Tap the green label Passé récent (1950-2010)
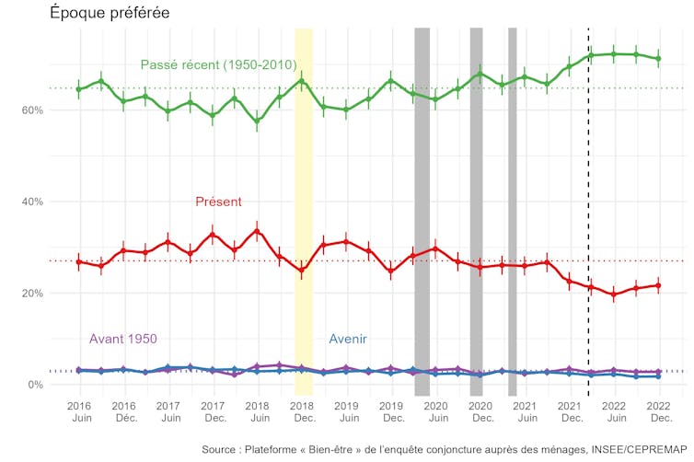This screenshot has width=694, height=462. point(218,65)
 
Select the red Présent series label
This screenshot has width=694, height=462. point(219,202)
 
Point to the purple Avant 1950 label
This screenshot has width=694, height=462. point(122,339)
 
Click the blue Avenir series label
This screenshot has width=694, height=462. point(348,339)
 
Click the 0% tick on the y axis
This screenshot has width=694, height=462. point(34,385)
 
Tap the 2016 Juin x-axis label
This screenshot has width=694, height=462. point(79,411)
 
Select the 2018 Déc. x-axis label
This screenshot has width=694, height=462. point(302,411)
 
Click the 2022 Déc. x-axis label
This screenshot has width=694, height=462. point(658,411)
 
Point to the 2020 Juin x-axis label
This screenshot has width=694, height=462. point(435,411)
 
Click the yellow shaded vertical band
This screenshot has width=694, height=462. point(303,212)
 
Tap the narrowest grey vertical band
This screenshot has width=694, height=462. point(512,212)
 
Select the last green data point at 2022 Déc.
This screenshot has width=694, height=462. point(658,59)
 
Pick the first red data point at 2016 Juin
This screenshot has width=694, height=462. point(79,262)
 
